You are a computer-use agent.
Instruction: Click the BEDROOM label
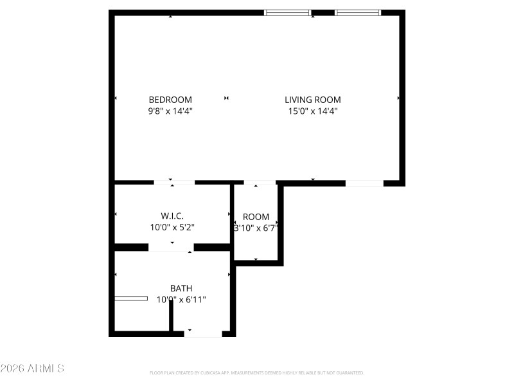point(170,100)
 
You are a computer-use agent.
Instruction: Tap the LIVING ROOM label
point(313,100)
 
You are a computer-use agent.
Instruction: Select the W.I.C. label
point(172,216)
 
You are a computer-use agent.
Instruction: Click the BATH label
point(181,288)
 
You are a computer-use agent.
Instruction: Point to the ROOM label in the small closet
point(256,217)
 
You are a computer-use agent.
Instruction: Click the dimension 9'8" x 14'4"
point(170,111)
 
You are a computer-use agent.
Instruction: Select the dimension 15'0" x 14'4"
point(313,111)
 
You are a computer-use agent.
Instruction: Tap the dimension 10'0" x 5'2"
point(172,228)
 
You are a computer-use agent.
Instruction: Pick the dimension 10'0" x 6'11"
point(181,300)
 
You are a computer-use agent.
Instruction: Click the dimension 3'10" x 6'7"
point(256,228)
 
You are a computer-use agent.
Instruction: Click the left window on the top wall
point(288,12)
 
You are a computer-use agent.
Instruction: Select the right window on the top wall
point(358,12)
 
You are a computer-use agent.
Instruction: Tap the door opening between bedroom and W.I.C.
point(174,183)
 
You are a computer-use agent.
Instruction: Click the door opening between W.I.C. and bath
point(171,247)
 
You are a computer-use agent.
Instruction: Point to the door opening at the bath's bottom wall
point(203,334)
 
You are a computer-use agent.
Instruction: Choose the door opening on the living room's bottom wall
point(364,183)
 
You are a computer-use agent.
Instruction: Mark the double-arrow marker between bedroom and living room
point(226,98)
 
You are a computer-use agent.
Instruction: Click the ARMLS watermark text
point(32,369)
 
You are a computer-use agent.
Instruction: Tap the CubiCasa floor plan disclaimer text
point(257,372)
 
